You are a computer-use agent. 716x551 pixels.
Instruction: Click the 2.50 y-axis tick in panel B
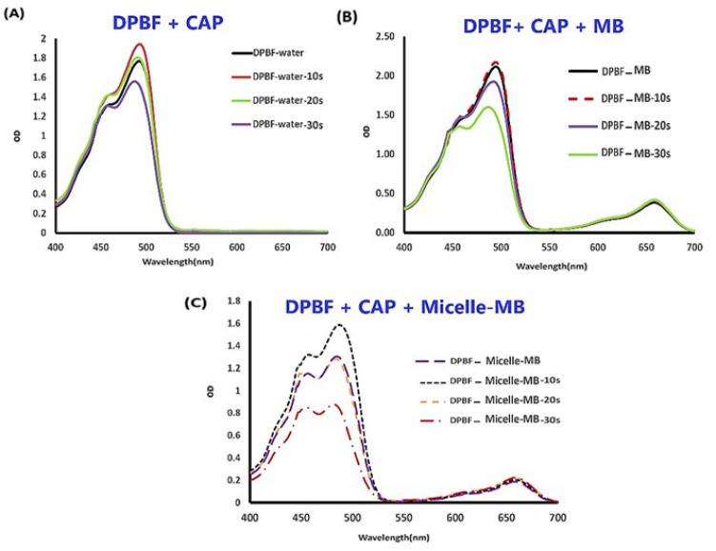(x=384, y=36)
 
